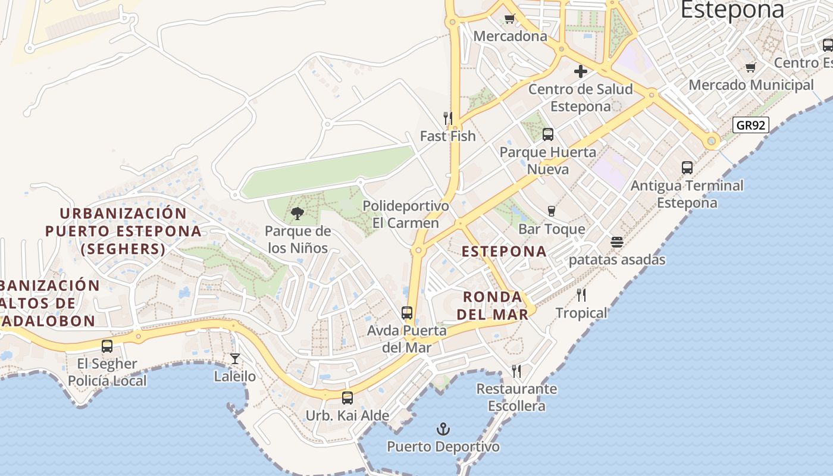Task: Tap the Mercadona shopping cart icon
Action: coord(509,18)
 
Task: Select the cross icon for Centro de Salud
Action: coord(581,72)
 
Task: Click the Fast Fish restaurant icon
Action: coord(448,118)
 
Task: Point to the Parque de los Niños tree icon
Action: coord(297,214)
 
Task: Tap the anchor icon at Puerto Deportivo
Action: coord(443,428)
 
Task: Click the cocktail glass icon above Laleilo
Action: coord(235,358)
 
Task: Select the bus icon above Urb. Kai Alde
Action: coord(347,397)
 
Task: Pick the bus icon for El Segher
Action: coord(107,346)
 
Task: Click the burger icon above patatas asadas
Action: coord(617,242)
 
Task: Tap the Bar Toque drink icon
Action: coord(551,211)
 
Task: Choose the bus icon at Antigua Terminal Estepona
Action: coord(687,168)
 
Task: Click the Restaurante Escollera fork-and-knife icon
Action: coord(516,371)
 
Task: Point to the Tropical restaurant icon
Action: coord(581,295)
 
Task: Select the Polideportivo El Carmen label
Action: coord(406,214)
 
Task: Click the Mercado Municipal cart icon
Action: coord(751,68)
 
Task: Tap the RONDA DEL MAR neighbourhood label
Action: coord(493,305)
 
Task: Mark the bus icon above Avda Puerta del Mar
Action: coord(407,312)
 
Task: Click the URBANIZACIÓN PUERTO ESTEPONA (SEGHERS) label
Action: coord(123,231)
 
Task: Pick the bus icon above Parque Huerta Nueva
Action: coord(548,134)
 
